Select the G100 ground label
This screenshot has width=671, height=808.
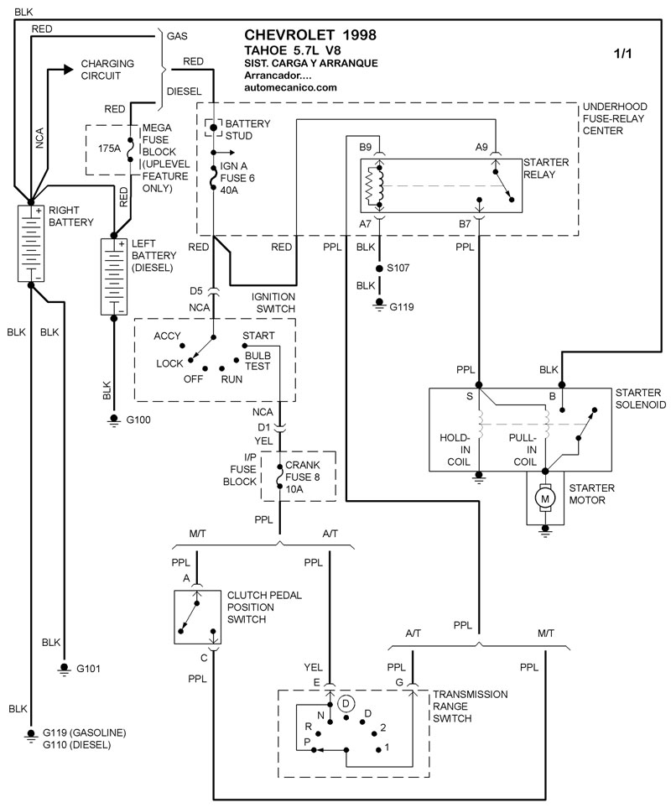138,420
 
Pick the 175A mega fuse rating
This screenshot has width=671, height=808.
110,148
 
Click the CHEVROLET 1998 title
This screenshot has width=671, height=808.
309,35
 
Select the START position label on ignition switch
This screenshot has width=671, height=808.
258,336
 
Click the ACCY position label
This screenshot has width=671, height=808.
168,336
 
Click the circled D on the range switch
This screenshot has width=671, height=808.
348,702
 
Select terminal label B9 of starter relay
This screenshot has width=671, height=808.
366,148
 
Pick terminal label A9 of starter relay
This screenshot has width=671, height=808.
481,148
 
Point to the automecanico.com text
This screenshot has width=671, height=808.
290,87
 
